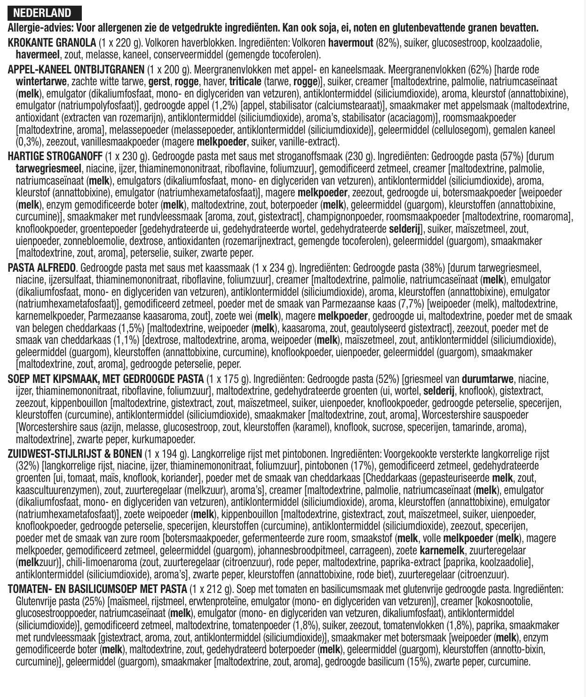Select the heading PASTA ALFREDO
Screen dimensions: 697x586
[42, 268]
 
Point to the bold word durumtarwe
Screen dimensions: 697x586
[488, 378]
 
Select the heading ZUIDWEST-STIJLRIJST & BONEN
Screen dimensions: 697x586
[75, 454]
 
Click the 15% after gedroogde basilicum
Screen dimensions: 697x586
[418, 662]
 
